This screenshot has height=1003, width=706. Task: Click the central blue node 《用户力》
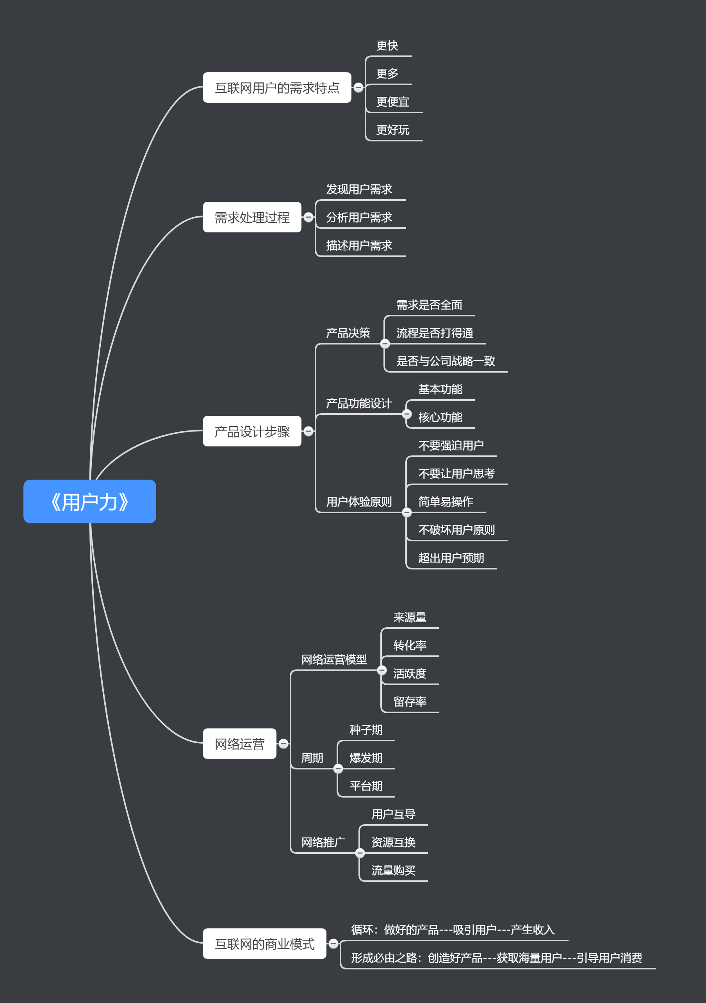89,501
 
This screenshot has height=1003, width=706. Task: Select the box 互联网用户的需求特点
277,88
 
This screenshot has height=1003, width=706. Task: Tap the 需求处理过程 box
252,217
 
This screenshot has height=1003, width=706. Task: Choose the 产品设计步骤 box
252,432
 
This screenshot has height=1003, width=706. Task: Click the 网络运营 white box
239,744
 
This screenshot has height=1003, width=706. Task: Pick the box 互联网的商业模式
264,944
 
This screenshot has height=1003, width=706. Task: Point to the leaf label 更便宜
392,102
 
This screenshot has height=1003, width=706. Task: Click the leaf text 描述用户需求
359,246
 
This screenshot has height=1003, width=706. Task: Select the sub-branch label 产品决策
348,333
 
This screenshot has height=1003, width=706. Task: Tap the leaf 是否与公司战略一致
445,361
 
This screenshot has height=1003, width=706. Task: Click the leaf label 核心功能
440,418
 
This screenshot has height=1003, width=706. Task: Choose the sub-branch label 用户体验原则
359,501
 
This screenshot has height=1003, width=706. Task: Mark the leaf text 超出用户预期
451,558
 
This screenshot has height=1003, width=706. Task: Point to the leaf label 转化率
409,645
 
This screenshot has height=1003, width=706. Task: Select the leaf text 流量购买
393,870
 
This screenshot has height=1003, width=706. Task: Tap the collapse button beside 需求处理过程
308,217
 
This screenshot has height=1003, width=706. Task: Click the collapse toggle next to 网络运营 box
283,744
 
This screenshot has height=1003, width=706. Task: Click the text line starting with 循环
453,930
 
